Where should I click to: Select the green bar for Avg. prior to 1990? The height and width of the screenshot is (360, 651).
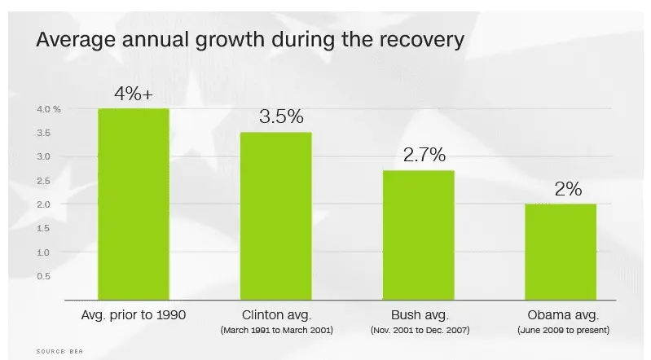click(134, 204)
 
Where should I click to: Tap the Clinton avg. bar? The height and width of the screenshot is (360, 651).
click(275, 216)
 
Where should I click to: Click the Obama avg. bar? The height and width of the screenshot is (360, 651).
click(560, 252)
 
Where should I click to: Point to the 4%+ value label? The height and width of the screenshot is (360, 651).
click(134, 94)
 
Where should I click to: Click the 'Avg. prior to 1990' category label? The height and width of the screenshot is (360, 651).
click(134, 314)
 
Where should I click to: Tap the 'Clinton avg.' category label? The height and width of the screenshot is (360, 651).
click(275, 314)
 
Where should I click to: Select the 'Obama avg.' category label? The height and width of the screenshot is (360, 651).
click(561, 314)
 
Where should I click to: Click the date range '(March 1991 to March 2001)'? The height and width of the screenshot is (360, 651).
click(275, 330)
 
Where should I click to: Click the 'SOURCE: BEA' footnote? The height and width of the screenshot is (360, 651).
click(59, 351)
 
